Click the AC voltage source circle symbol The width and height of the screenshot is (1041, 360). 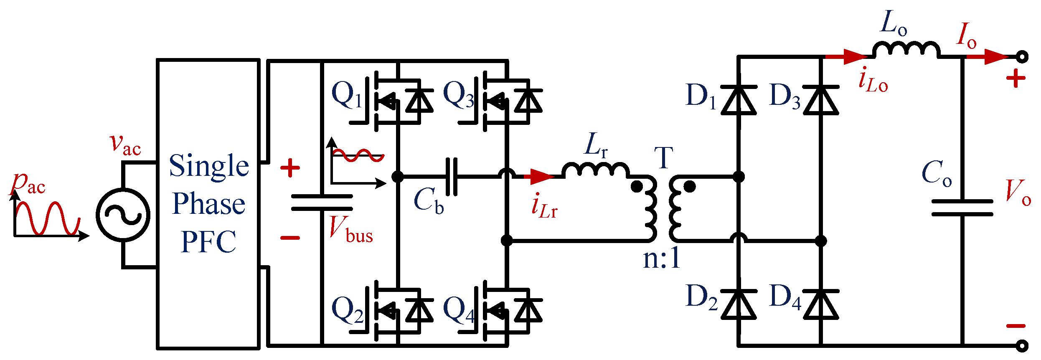123,215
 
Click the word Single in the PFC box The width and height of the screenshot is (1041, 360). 209,166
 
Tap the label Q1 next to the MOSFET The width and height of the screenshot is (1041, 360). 346,95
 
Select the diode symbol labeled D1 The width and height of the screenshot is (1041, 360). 739,100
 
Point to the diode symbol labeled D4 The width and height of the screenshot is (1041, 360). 821,304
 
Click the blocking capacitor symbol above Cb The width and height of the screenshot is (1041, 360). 452,177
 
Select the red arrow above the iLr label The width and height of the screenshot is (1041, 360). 539,177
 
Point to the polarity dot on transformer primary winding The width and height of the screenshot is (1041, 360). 637,187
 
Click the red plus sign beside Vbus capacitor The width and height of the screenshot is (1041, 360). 290,168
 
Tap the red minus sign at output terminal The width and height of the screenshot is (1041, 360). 1016,326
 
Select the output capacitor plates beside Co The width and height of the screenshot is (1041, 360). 962,208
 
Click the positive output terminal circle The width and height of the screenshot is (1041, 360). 1022,56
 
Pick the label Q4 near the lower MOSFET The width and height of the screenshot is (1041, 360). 459,311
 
